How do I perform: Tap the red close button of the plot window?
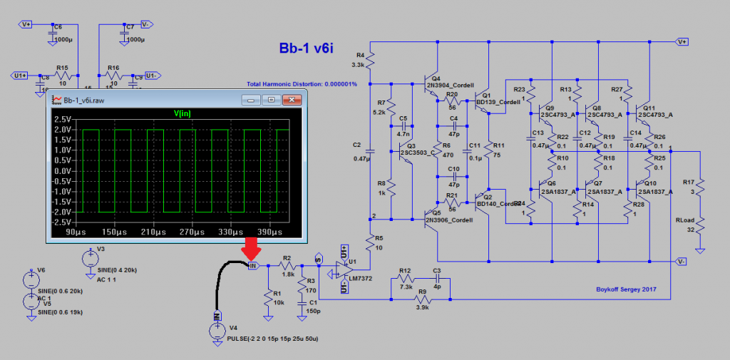pos(289,100)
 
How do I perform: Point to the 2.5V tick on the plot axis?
pos(61,120)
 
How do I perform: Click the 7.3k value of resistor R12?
pos(406,279)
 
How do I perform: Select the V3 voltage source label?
pos(100,249)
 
